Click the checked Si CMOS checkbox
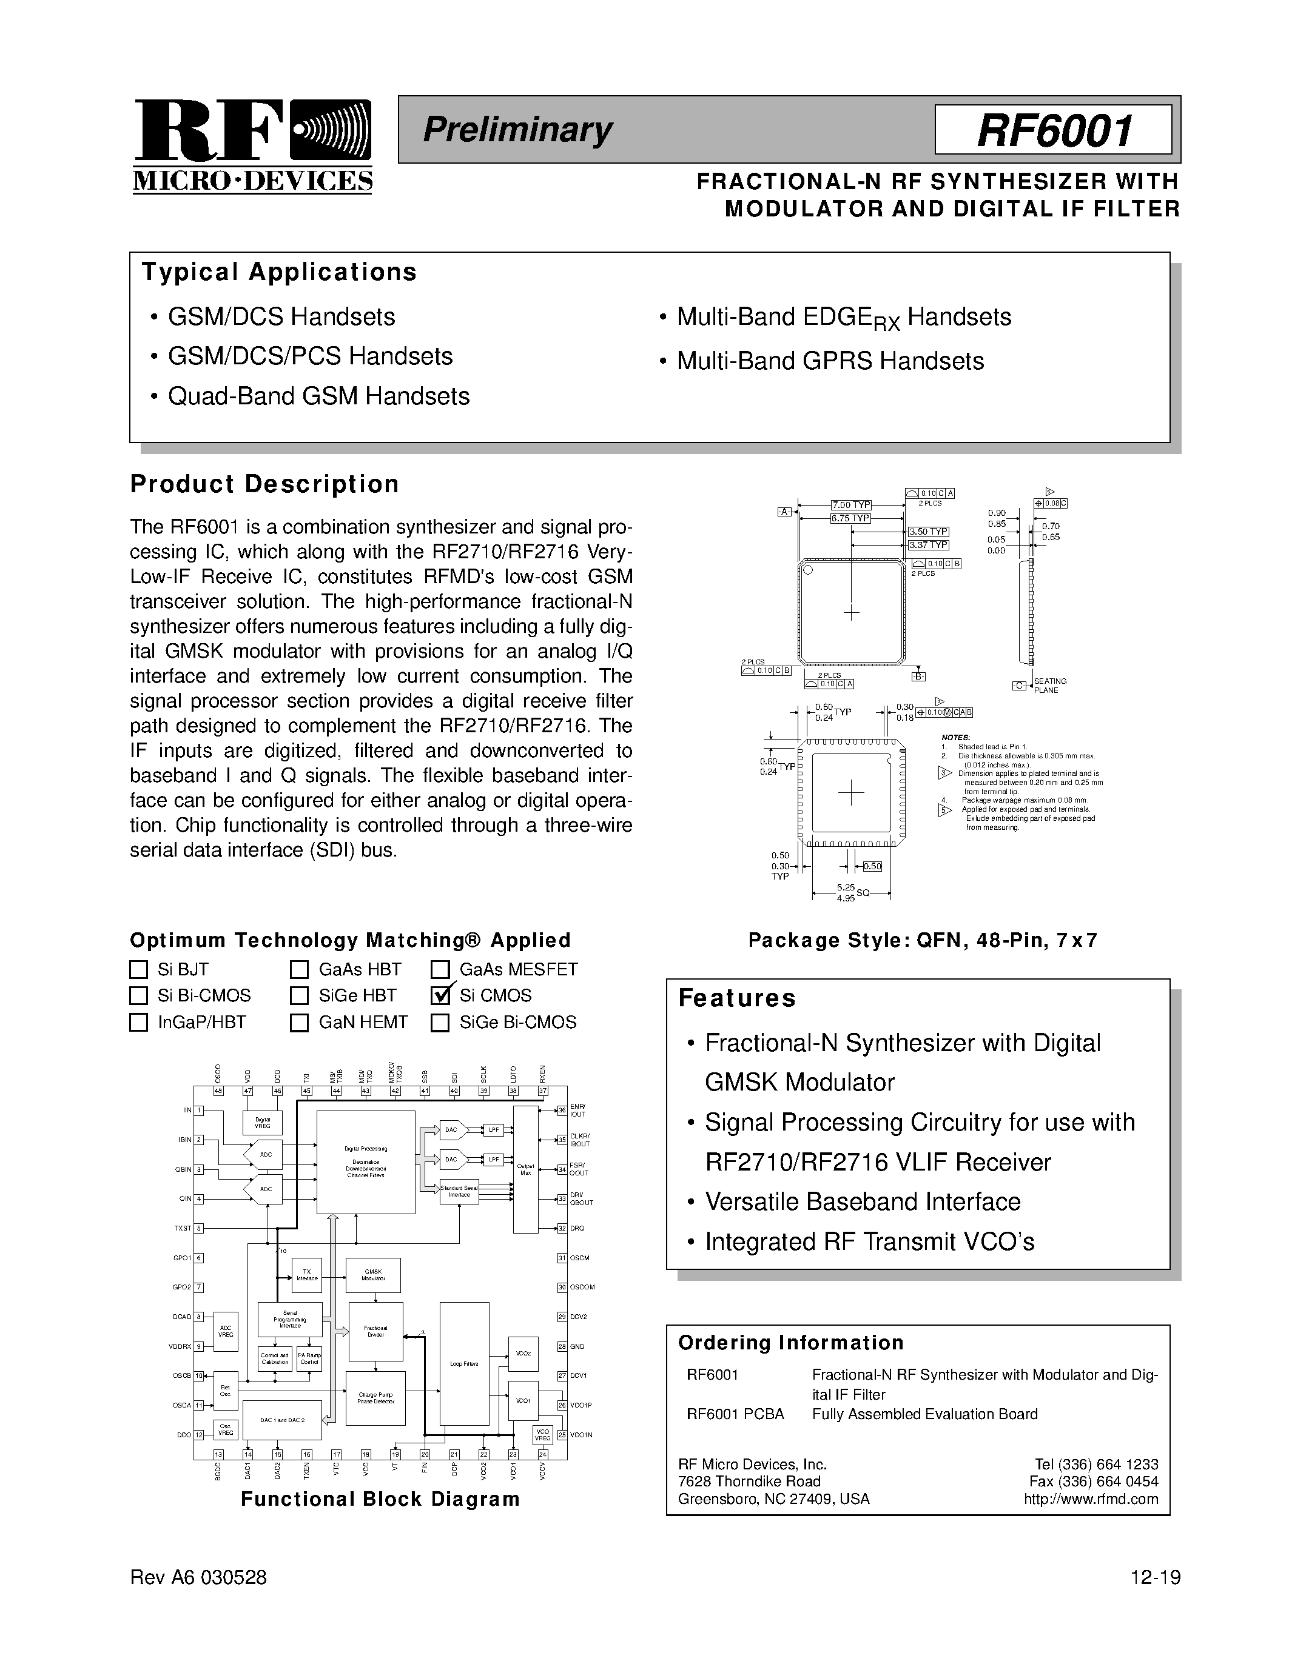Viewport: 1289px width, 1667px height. click(440, 995)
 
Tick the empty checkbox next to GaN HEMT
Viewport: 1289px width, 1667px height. click(298, 1022)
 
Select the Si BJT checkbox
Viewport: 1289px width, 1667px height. click(138, 969)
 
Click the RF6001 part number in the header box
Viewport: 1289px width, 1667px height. click(1053, 130)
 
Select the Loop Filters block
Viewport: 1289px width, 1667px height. click(464, 1363)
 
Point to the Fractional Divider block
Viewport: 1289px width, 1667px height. click(375, 1331)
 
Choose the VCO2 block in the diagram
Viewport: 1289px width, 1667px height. click(523, 1353)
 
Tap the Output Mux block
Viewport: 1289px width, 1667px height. click(525, 1169)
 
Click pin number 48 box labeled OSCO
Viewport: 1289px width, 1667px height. click(218, 1091)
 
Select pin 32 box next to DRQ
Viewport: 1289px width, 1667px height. click(562, 1228)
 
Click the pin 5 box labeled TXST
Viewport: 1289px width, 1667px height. click(198, 1228)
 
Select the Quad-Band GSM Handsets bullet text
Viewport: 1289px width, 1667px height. click(318, 396)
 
